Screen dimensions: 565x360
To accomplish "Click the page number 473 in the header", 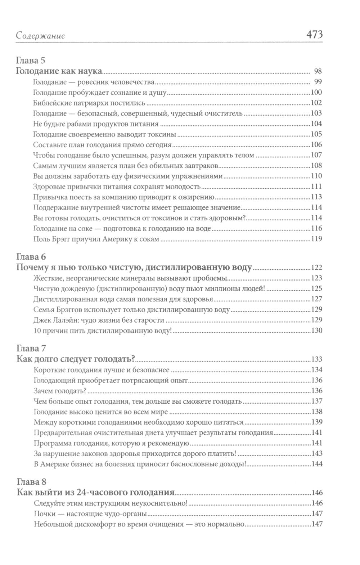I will pyautogui.click(x=314, y=35).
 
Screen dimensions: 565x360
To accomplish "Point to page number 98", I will pyautogui.click(x=317, y=71).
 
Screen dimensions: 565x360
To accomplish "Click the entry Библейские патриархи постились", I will pyautogui.click(x=89, y=103).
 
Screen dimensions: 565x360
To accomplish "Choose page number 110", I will pyautogui.click(x=316, y=176).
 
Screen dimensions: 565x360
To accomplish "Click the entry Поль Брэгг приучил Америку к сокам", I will pyautogui.click(x=96, y=239).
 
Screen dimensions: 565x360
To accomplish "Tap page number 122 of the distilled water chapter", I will pyautogui.click(x=316, y=268).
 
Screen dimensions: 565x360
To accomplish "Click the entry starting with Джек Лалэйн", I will pyautogui.click(x=99, y=320).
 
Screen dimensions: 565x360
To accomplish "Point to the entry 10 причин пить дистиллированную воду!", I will pyautogui.click(x=102, y=331).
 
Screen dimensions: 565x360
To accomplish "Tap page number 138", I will pyautogui.click(x=316, y=412).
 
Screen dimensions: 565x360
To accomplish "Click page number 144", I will pyautogui.click(x=316, y=464).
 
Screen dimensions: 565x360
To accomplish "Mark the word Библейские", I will pyautogui.click(x=49, y=103).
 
